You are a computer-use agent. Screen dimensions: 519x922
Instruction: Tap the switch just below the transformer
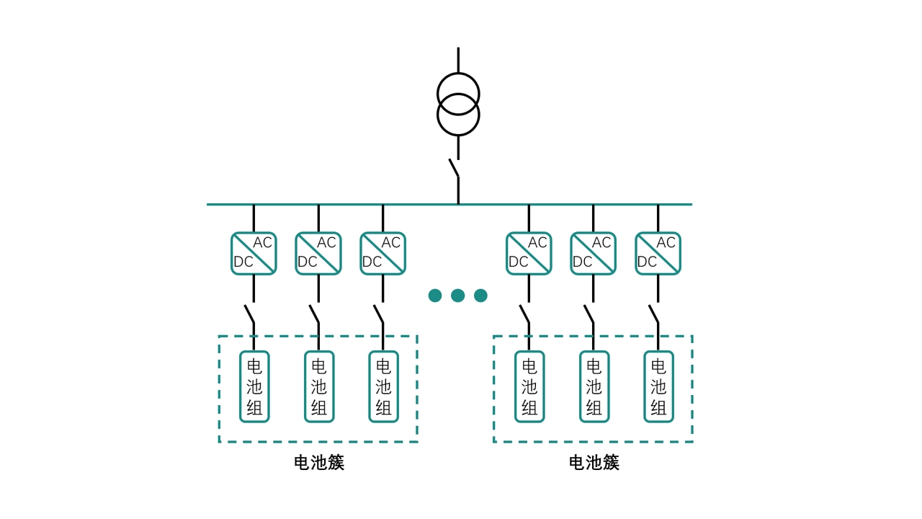coord(455,168)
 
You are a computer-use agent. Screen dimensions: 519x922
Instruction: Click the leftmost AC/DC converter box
coord(254,253)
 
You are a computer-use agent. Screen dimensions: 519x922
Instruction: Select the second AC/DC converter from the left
coord(318,253)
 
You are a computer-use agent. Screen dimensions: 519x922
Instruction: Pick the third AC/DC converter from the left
coord(382,253)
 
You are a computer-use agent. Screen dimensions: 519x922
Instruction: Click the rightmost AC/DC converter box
coord(658,253)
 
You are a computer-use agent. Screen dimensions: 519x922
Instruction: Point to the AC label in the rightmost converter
coord(666,243)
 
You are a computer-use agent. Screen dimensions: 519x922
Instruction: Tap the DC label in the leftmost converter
coord(243,262)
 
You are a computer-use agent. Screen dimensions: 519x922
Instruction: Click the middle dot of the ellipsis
coord(457,296)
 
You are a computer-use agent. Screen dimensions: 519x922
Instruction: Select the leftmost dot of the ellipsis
coord(435,296)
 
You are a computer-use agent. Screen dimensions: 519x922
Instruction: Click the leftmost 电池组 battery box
coord(254,386)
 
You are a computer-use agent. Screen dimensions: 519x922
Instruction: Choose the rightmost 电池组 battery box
coord(658,386)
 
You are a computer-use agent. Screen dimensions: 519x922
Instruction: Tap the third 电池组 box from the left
coord(383,386)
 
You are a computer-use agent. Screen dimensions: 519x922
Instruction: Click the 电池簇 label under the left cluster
coord(319,463)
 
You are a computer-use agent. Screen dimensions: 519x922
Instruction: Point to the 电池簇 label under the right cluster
coord(594,463)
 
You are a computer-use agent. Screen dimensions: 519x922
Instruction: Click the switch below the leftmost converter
coord(250,314)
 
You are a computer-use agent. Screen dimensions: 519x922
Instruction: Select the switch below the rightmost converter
coord(654,314)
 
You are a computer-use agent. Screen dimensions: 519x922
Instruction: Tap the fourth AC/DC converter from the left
coord(529,253)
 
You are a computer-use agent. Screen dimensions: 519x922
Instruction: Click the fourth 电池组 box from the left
coord(529,386)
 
